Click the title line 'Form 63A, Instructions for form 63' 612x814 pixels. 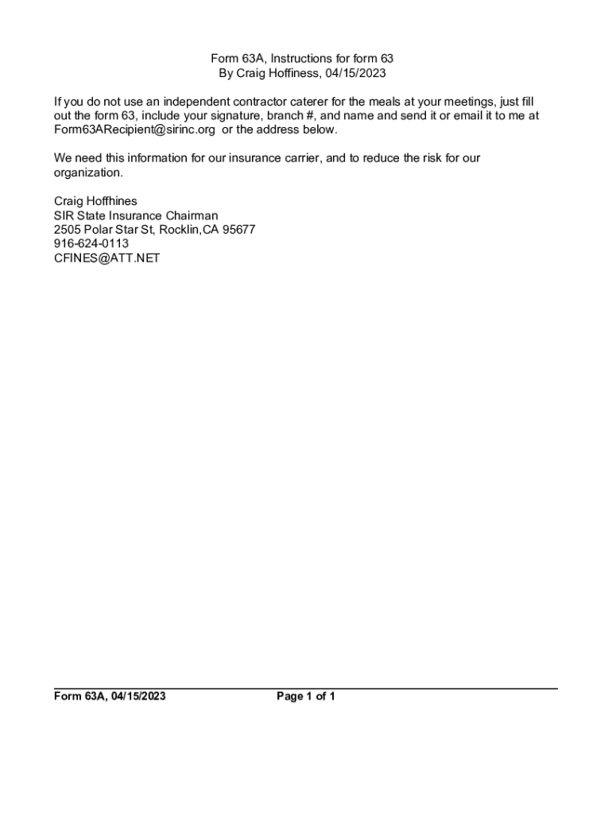pyautogui.click(x=301, y=59)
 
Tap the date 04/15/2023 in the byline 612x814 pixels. pyautogui.click(x=355, y=73)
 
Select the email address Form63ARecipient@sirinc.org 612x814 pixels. pyautogui.click(x=134, y=130)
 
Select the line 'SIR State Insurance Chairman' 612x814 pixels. pyautogui.click(x=136, y=215)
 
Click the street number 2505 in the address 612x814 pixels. pyautogui.click(x=68, y=230)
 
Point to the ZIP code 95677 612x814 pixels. pyautogui.click(x=237, y=230)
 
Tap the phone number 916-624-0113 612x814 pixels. pyautogui.click(x=91, y=244)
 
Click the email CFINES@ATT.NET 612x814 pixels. pyautogui.click(x=107, y=258)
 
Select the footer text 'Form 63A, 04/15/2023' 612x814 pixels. pyautogui.click(x=110, y=697)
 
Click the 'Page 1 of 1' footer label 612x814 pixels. pyautogui.click(x=306, y=697)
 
